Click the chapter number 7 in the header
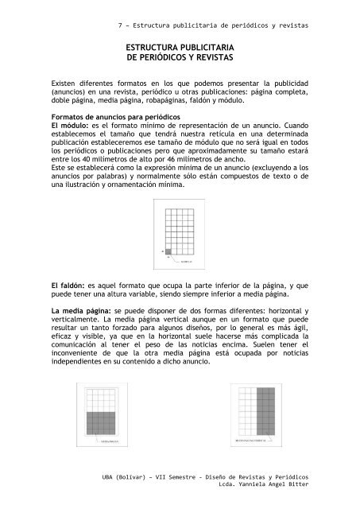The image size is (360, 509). pyautogui.click(x=119, y=25)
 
